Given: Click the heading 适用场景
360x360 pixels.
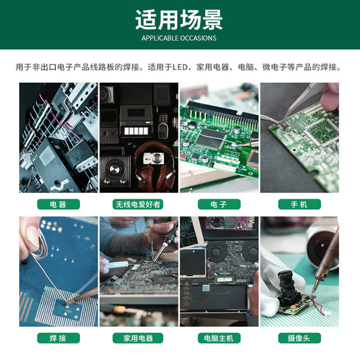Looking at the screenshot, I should pos(179,20).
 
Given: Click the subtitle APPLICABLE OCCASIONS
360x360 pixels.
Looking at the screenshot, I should pos(179,38).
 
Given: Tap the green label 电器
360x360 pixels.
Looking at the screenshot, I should pos(58,205).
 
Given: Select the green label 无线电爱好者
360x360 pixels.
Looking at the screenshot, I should pos(138,205).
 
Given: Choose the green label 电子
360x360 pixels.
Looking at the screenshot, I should pos(219,205).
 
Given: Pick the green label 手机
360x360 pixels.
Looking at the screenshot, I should pos(299,205).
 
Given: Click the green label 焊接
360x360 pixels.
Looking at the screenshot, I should pos(58,338).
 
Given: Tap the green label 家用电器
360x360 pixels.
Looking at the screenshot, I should pos(138,338).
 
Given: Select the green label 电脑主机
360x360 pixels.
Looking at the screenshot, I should pos(219,338).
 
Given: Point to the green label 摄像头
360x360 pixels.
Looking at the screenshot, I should pos(299,338).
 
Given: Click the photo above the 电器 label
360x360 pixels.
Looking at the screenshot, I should pos(58,138).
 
